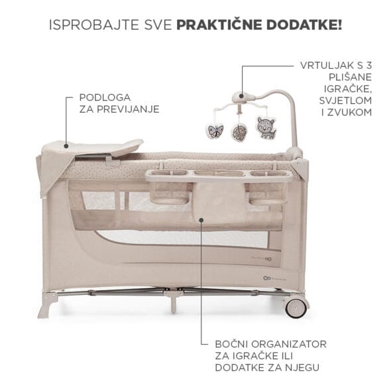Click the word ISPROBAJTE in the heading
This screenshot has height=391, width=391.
pos(93,25)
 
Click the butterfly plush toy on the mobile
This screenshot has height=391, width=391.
pos(215,131)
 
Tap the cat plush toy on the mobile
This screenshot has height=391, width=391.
pos(266,127)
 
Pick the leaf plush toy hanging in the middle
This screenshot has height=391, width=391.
pos(239,133)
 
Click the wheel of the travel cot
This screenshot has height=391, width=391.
pos(296,307)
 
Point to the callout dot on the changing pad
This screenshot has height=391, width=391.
pos(66,146)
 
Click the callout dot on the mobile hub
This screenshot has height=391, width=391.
pos(241,95)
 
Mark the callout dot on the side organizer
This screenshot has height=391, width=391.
pos(201,219)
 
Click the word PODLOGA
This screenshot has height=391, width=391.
pos(105,97)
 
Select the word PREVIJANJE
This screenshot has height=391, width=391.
pos(128,109)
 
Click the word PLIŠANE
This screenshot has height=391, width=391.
pos(350,78)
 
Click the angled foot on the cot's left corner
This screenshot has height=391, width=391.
pos(47,306)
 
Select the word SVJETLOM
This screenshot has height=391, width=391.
pos(346,101)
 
